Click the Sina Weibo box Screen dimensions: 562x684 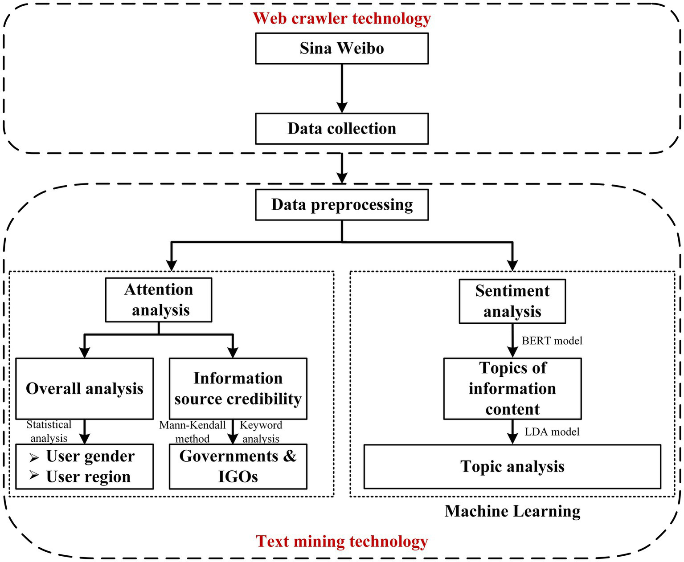[x=341, y=48]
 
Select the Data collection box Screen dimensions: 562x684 [x=341, y=128]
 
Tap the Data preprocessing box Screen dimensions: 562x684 [x=341, y=205]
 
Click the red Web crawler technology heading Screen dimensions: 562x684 [x=341, y=18]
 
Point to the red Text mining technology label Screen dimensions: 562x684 [x=341, y=541]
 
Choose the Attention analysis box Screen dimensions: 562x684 [x=159, y=300]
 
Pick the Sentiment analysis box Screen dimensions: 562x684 [x=512, y=301]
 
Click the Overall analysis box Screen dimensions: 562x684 [x=84, y=388]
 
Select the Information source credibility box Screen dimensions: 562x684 [x=238, y=388]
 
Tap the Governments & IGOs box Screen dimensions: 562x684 [x=238, y=466]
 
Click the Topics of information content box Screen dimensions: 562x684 [x=512, y=388]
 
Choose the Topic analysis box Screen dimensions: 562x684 [x=512, y=466]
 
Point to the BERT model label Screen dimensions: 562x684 [x=552, y=341]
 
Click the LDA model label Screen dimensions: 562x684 [x=552, y=432]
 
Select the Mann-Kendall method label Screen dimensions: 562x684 [x=193, y=432]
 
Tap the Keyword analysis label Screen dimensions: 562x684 [x=261, y=432]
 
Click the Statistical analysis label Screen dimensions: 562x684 [x=49, y=431]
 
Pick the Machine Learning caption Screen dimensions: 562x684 [x=512, y=511]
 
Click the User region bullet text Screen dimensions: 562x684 [x=88, y=476]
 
